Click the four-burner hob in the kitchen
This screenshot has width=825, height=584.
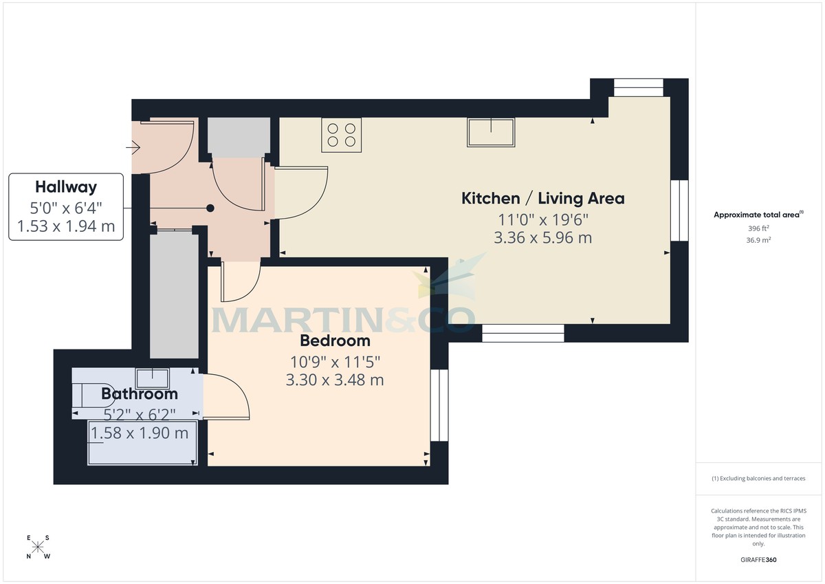point(341,135)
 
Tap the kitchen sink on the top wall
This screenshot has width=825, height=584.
point(491,132)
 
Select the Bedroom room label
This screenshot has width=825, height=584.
point(335,340)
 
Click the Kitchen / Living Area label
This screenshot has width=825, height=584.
point(542,199)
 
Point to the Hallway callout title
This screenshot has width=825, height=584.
point(66,186)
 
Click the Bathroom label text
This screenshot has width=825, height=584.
point(140,393)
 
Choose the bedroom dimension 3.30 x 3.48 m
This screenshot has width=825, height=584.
point(335,379)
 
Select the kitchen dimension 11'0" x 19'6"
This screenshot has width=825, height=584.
point(542,219)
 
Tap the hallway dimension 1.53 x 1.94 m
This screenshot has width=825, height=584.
point(66,225)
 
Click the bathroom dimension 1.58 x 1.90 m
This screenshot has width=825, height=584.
point(140,433)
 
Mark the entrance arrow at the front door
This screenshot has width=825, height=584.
point(133,147)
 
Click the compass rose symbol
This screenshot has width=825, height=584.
point(38,547)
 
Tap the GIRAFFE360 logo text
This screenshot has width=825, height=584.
point(758,560)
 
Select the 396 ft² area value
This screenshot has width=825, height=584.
point(758,228)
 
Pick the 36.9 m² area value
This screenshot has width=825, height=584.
point(758,240)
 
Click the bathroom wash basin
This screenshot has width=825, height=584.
point(153,378)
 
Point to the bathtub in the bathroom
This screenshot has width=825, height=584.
point(143,442)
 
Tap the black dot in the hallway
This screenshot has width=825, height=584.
point(210,208)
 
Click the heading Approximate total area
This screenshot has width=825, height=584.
point(757,215)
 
